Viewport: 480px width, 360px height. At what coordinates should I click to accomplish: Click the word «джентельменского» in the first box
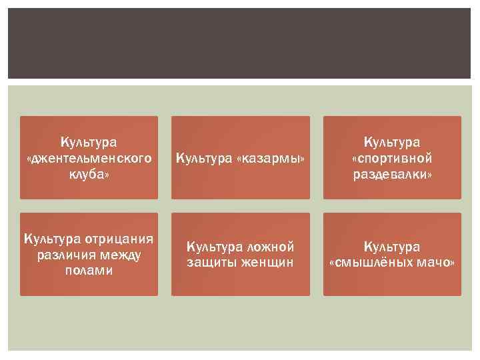89,158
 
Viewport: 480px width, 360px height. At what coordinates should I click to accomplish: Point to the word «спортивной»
393,158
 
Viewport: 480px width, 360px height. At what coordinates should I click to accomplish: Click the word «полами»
89,271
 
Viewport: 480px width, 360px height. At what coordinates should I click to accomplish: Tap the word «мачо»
435,263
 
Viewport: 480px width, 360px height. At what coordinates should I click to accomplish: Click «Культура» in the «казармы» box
204,158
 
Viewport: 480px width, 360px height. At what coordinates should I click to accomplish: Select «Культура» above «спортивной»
393,142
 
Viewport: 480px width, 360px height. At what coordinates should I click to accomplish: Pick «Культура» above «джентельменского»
89,142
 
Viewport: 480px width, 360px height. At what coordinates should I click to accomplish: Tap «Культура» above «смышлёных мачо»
393,247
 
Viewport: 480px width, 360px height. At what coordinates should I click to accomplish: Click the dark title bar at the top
240,43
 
